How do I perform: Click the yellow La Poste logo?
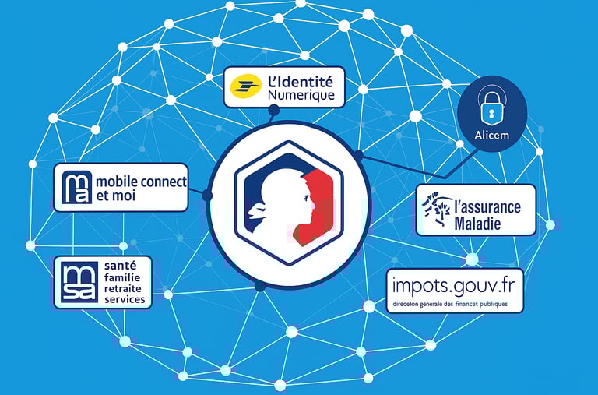[245, 87]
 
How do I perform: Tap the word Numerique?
[301, 96]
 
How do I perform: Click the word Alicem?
[491, 136]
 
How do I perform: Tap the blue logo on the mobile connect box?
[78, 188]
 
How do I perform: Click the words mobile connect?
[141, 182]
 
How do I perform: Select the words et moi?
[115, 196]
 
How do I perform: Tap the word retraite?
[125, 288]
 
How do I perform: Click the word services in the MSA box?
[125, 299]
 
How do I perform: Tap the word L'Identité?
[300, 81]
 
